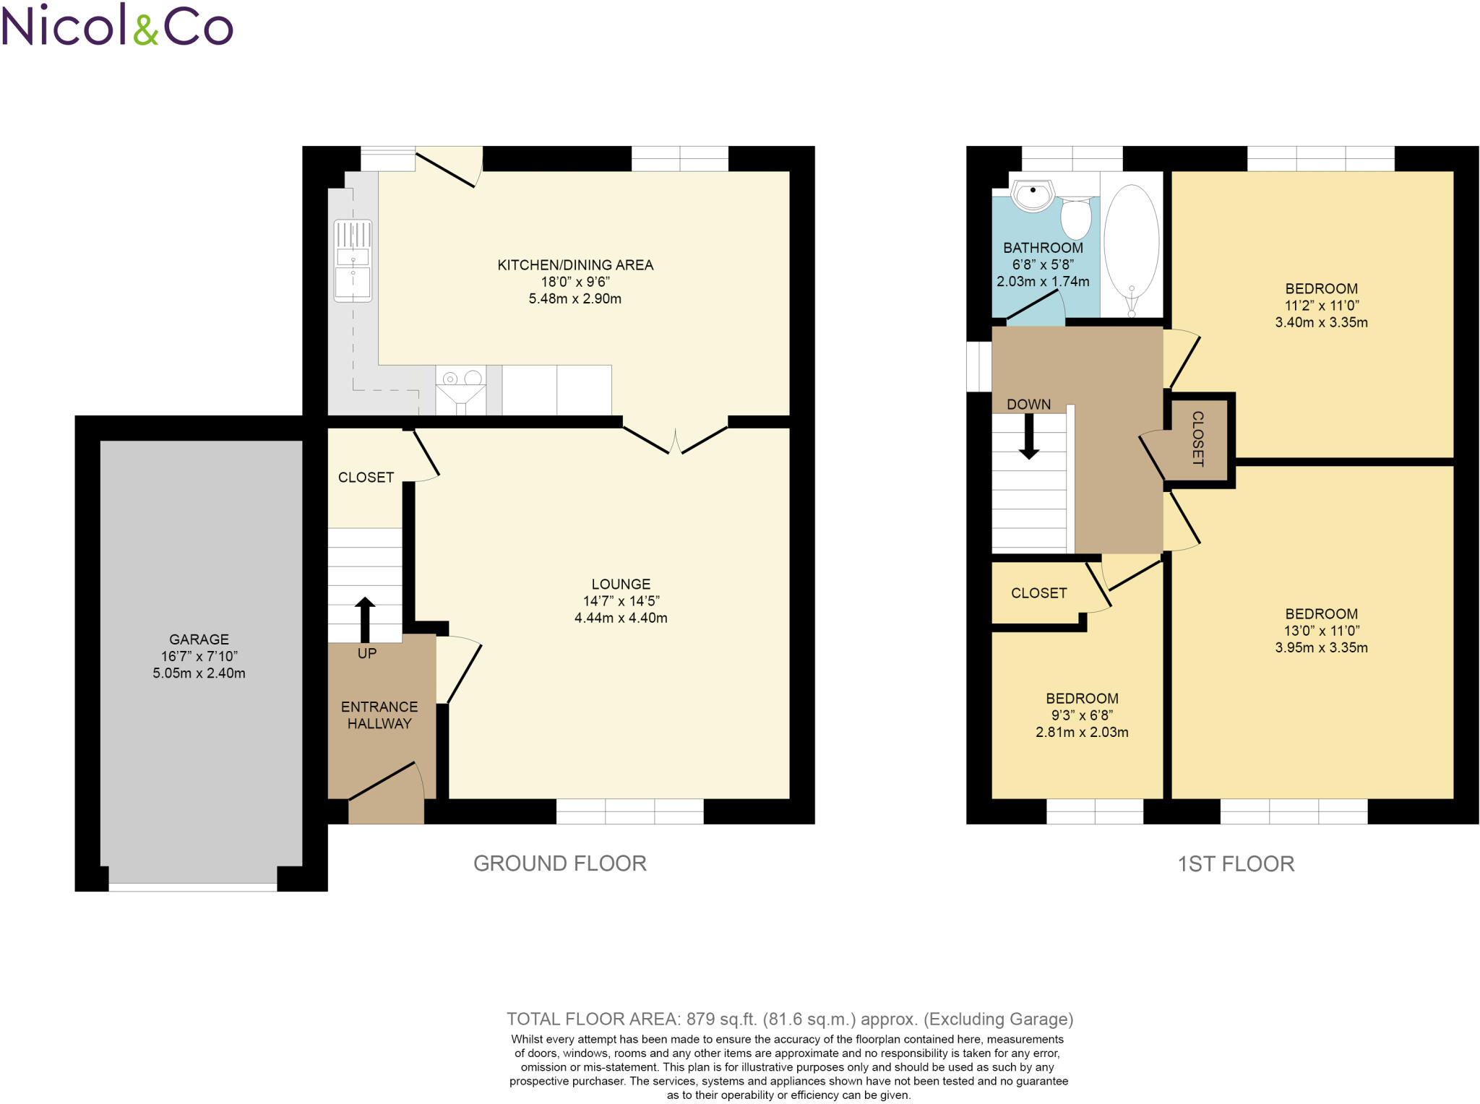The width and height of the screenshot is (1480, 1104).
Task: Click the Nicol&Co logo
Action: pyautogui.click(x=117, y=25)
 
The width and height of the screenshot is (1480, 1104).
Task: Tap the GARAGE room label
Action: pyautogui.click(x=199, y=639)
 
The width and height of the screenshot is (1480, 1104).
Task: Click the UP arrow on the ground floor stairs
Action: pyautogui.click(x=365, y=619)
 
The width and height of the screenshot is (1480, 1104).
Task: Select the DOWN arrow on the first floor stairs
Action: pyautogui.click(x=1028, y=436)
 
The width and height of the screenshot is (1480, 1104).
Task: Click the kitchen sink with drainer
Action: pyautogui.click(x=353, y=261)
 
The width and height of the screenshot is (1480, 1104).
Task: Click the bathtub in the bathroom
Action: pyautogui.click(x=1132, y=246)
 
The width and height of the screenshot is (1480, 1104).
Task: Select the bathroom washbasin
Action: pyautogui.click(x=1033, y=195)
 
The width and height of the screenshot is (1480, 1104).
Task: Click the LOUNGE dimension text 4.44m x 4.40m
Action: pyautogui.click(x=621, y=618)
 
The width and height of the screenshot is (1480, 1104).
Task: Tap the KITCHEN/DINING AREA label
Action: pyautogui.click(x=575, y=265)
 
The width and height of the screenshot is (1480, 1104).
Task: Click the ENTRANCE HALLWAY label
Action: pyautogui.click(x=379, y=715)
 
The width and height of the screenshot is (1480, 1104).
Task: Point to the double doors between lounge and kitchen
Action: pyautogui.click(x=675, y=440)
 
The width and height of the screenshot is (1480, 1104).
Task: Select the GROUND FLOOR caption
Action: pyautogui.click(x=560, y=863)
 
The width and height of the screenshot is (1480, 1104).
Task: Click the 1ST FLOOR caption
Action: pyautogui.click(x=1236, y=864)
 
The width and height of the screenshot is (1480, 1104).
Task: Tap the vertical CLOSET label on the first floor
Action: pyautogui.click(x=1197, y=439)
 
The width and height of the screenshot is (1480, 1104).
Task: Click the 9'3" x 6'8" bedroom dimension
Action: pyautogui.click(x=1082, y=715)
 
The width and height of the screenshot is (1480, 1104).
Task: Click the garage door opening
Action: pyautogui.click(x=193, y=887)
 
